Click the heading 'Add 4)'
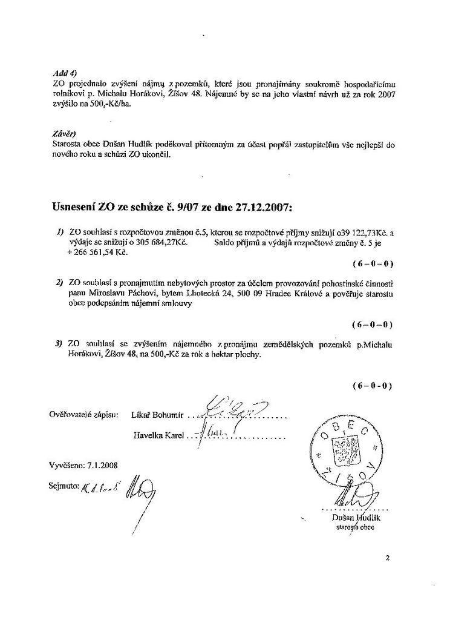pyautogui.click(x=63, y=74)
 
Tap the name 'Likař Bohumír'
pyautogui.click(x=156, y=416)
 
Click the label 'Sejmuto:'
pyautogui.click(x=64, y=486)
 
